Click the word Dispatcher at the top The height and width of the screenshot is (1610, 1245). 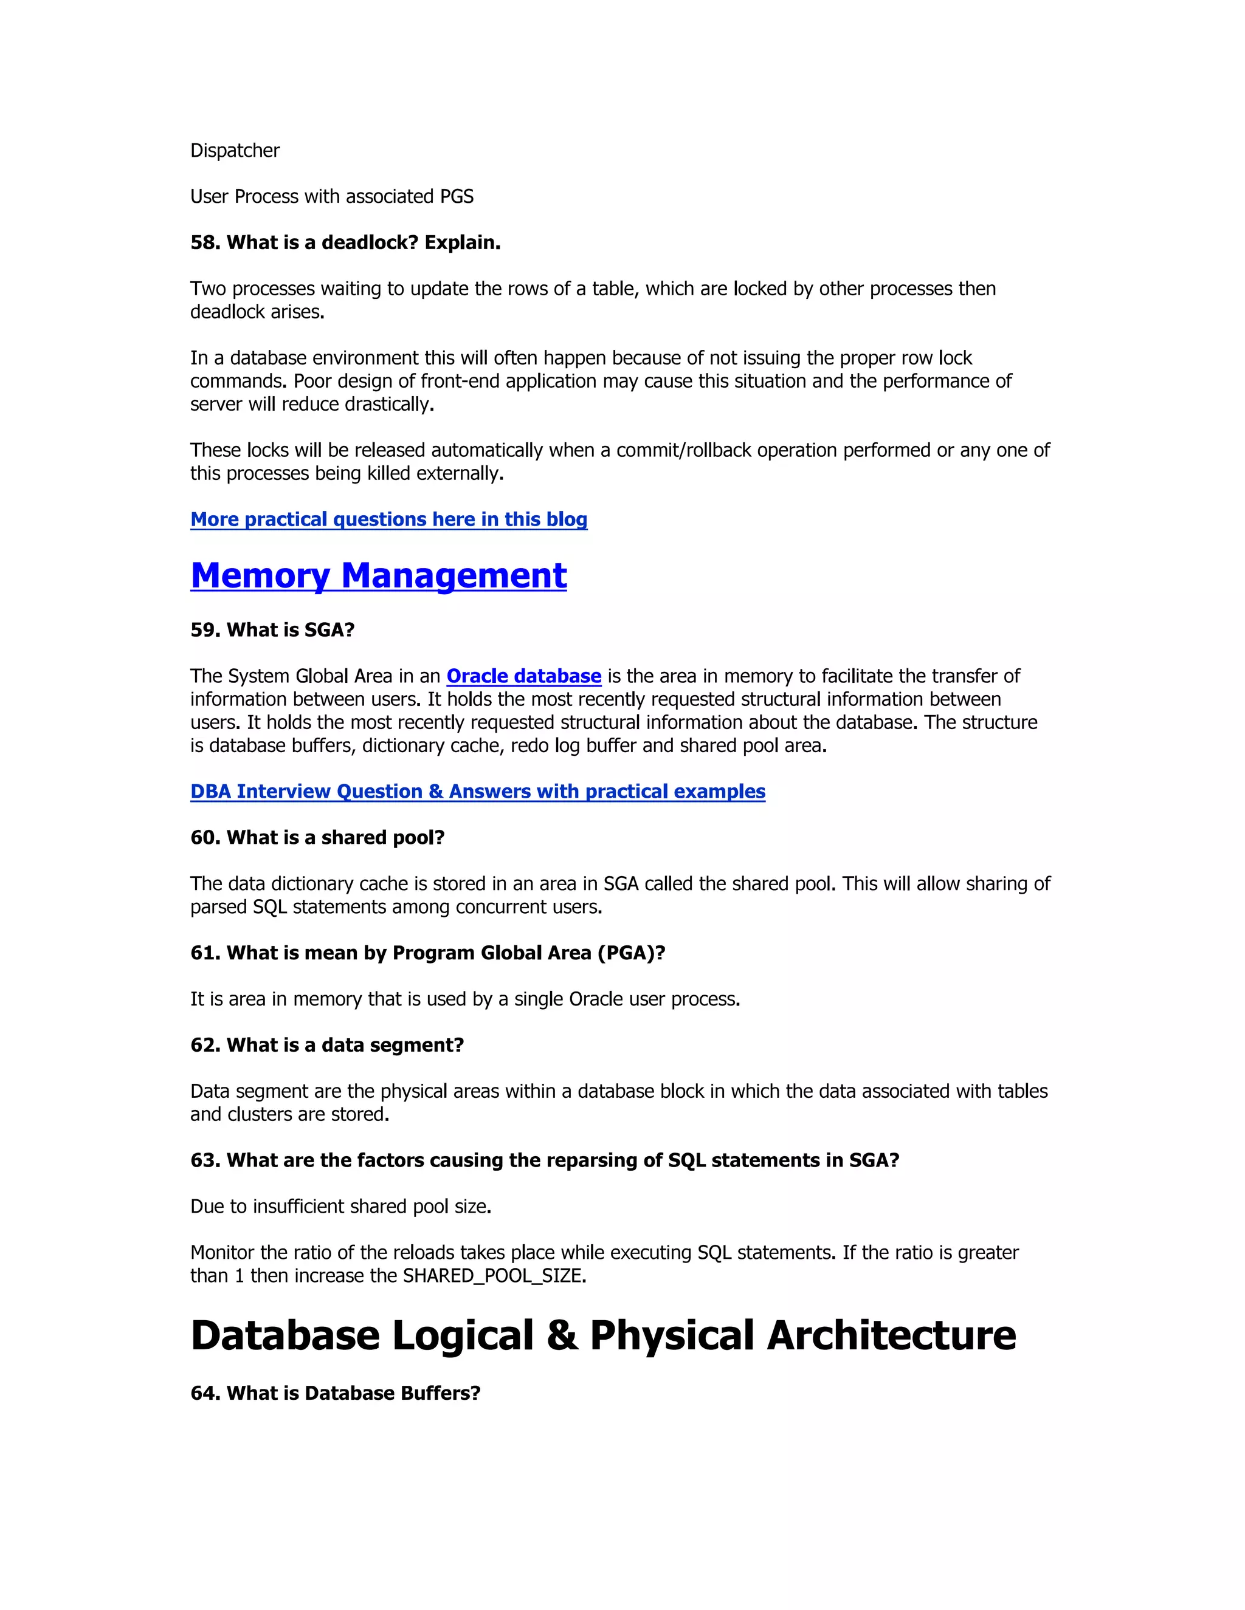(235, 151)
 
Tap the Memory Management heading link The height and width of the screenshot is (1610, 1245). (378, 576)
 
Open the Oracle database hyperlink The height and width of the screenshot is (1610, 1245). (523, 676)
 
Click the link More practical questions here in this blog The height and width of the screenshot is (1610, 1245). (388, 519)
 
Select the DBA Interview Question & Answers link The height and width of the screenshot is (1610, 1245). (477, 792)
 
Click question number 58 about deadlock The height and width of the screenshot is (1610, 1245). (345, 242)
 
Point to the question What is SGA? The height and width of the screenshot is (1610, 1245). (272, 630)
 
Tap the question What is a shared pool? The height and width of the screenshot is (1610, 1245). (317, 837)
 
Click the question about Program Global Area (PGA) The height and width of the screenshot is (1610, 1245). (428, 953)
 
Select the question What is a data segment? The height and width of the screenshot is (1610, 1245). (326, 1046)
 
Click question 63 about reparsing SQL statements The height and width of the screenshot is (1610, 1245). (544, 1160)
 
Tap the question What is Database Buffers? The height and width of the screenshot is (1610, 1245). (335, 1393)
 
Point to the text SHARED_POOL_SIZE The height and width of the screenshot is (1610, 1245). (494, 1276)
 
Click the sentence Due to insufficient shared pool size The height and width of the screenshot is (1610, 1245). (341, 1207)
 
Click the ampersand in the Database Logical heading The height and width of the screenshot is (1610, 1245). (562, 1336)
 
